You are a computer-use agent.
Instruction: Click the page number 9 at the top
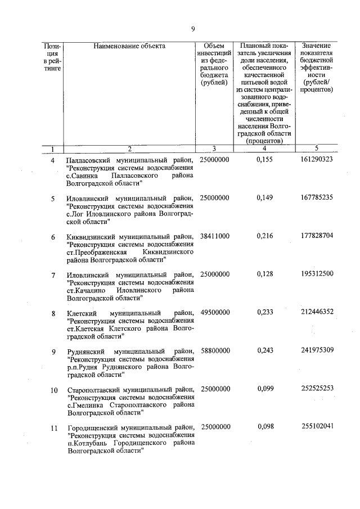tap(193, 29)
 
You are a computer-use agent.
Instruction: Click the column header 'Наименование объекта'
tap(129, 46)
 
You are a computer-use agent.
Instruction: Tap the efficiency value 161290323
tap(317, 160)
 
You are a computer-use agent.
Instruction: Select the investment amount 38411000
tap(214, 237)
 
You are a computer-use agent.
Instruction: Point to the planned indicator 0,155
tap(264, 160)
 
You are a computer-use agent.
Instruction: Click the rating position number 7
tap(53, 275)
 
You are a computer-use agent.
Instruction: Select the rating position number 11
tap(54, 427)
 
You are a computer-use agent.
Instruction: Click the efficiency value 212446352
tap(317, 313)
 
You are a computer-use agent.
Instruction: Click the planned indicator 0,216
tap(264, 237)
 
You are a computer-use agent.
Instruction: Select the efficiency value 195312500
tap(317, 274)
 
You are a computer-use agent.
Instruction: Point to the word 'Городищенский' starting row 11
tap(90, 427)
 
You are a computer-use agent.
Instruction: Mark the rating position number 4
tap(53, 161)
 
